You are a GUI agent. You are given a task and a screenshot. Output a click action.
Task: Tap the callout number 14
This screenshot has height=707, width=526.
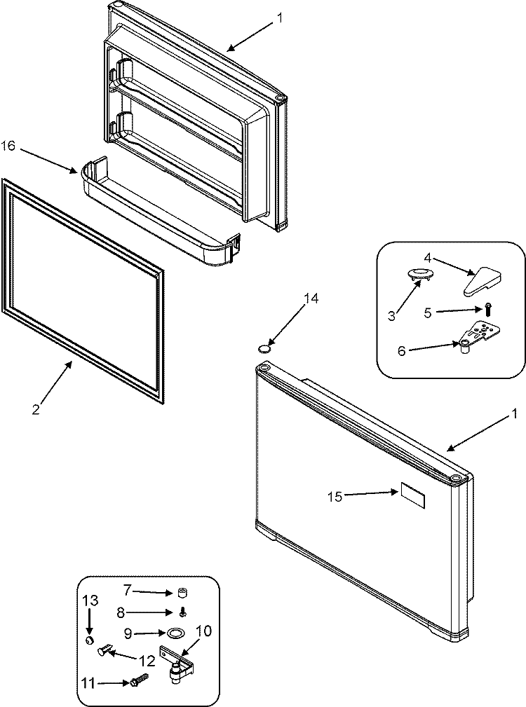pyautogui.click(x=310, y=299)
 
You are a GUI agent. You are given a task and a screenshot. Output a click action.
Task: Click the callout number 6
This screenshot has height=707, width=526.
pyautogui.click(x=402, y=350)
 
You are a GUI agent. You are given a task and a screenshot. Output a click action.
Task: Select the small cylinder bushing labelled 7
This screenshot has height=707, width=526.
pyautogui.click(x=182, y=593)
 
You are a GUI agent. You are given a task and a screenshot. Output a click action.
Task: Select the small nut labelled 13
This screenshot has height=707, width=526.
pyautogui.click(x=90, y=640)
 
